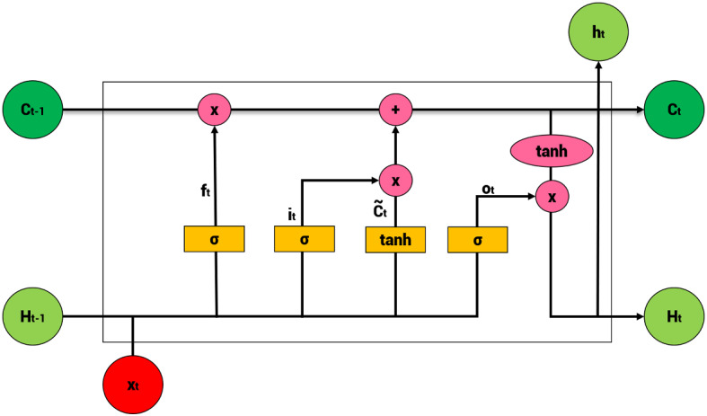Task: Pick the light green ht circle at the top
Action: pos(597,31)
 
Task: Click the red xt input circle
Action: pos(133,384)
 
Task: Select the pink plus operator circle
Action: pos(394,111)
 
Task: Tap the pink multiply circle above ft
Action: pos(215,111)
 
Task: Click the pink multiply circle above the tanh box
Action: pos(394,180)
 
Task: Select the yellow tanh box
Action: pos(394,239)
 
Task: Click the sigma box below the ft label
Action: pos(215,239)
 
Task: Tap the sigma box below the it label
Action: pos(304,239)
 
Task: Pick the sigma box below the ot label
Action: pos(477,239)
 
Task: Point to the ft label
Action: pos(206,190)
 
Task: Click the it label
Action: pos(292,214)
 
